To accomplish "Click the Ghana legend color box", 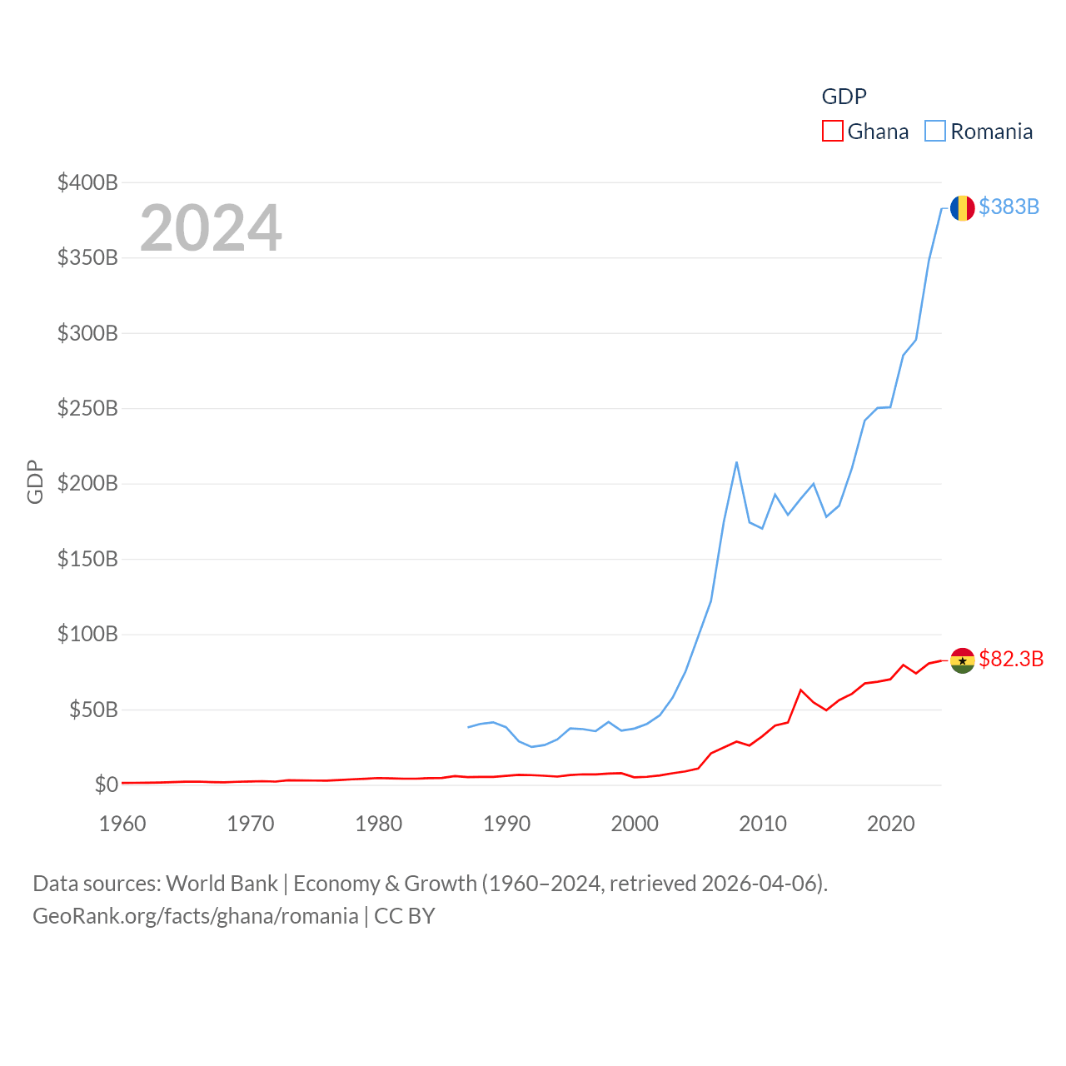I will pyautogui.click(x=832, y=132).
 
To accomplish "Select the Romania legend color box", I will pyautogui.click(x=935, y=132).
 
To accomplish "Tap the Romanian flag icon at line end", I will pyautogui.click(x=962, y=208).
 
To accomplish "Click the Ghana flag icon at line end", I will pyautogui.click(x=962, y=660).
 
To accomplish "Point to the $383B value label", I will pyautogui.click(x=1009, y=207).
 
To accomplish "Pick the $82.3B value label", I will pyautogui.click(x=1011, y=659).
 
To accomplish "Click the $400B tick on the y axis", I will pyautogui.click(x=87, y=182).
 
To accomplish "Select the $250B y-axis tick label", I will pyautogui.click(x=87, y=408).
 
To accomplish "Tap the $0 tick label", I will pyautogui.click(x=106, y=785).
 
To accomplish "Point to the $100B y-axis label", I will pyautogui.click(x=87, y=634).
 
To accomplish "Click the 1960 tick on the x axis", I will pyautogui.click(x=122, y=824).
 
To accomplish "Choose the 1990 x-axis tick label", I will pyautogui.click(x=506, y=824).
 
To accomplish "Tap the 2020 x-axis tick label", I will pyautogui.click(x=890, y=824).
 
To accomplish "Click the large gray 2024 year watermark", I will pyautogui.click(x=211, y=228).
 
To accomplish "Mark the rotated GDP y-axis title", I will pyautogui.click(x=35, y=481).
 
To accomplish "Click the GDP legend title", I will pyautogui.click(x=844, y=97).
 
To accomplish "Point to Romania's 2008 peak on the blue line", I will pyautogui.click(x=736, y=462).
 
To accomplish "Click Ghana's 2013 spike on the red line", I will pyautogui.click(x=800, y=690).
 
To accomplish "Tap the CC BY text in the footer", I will pyautogui.click(x=405, y=916).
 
